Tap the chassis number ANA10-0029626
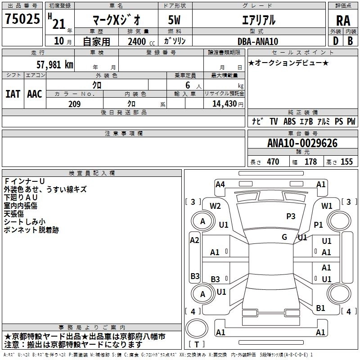click(x=302, y=144)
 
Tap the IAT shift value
click(x=13, y=94)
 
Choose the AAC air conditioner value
click(x=34, y=94)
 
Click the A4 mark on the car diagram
click(x=220, y=184)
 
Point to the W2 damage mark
click(x=215, y=206)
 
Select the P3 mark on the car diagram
click(x=291, y=216)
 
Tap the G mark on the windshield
click(x=284, y=237)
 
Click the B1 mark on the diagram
click(x=320, y=308)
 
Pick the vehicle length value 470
click(x=273, y=162)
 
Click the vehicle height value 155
click(x=346, y=162)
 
